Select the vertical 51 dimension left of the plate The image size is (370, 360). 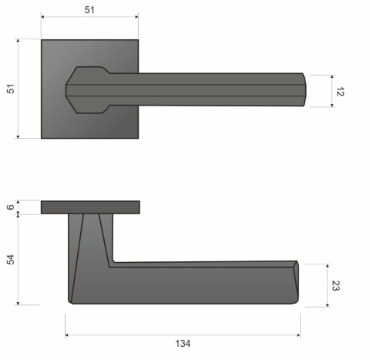tap(10, 89)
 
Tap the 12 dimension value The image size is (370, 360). tap(339, 91)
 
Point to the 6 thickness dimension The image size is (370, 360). tap(10, 207)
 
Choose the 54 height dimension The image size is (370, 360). tap(10, 259)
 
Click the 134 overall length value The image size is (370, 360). tap(183, 343)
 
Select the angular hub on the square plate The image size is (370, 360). tap(89, 90)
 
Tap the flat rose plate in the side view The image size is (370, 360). tap(90, 207)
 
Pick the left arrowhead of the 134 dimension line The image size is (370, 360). tap(67, 335)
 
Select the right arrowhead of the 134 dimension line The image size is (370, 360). tap(298, 335)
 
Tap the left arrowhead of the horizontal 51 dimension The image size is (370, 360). tap(42, 16)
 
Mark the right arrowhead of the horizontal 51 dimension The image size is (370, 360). tap(137, 16)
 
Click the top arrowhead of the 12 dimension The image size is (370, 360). tap(332, 76)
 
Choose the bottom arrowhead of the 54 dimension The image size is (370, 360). tap(18, 303)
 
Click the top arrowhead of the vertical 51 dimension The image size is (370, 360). tap(18, 41)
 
